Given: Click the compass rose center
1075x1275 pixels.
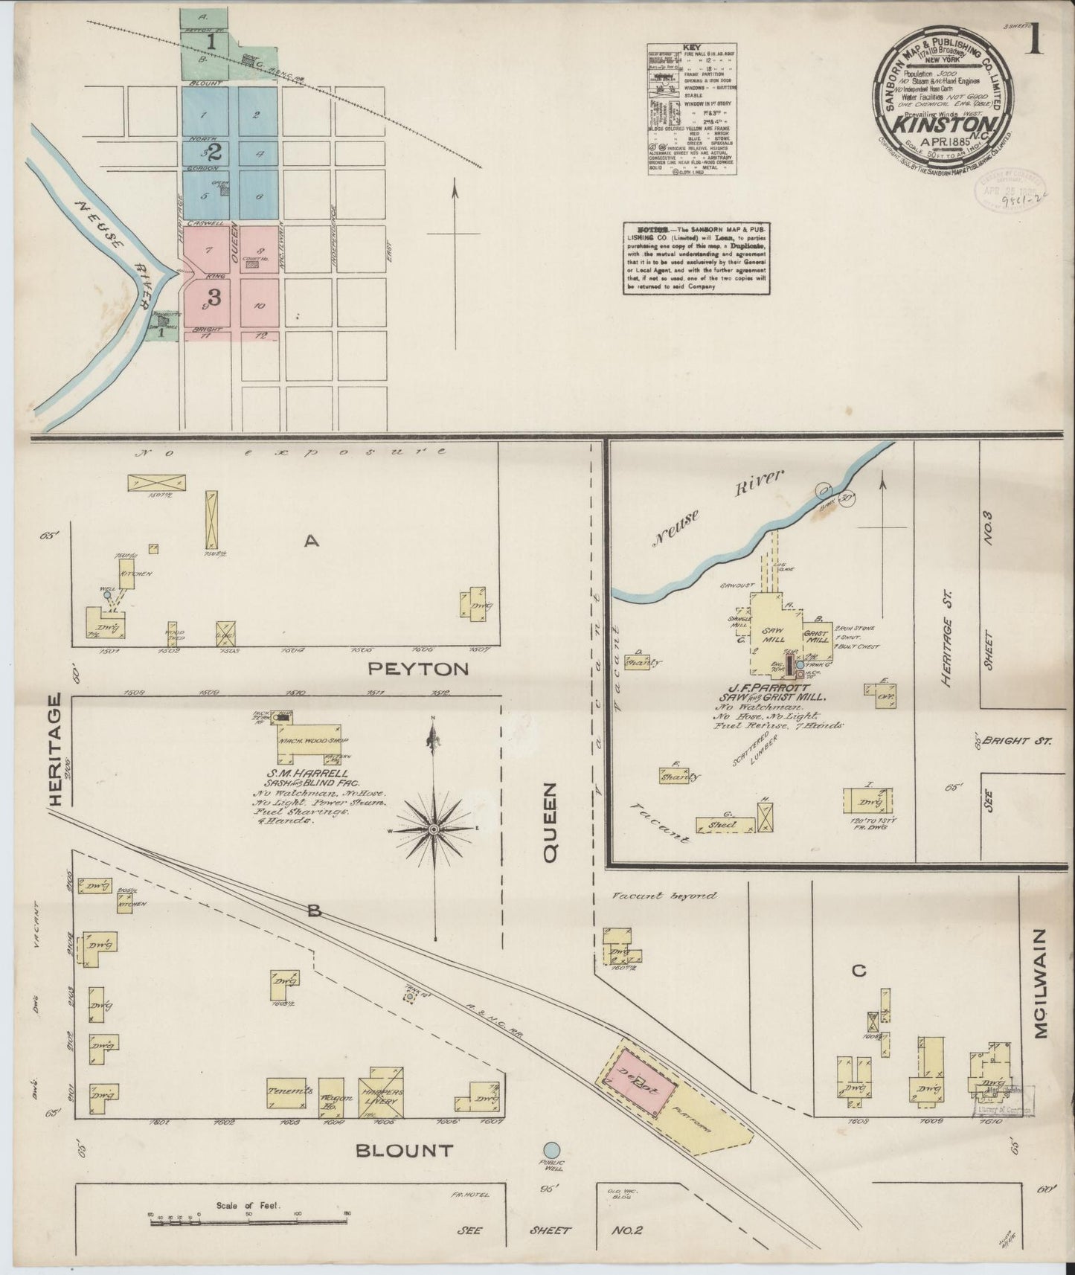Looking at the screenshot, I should (434, 829).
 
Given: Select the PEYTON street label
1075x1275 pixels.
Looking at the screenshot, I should (419, 669).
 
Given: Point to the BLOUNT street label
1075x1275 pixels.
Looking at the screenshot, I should (404, 1151).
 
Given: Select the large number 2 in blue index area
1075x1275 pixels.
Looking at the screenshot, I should (214, 153).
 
